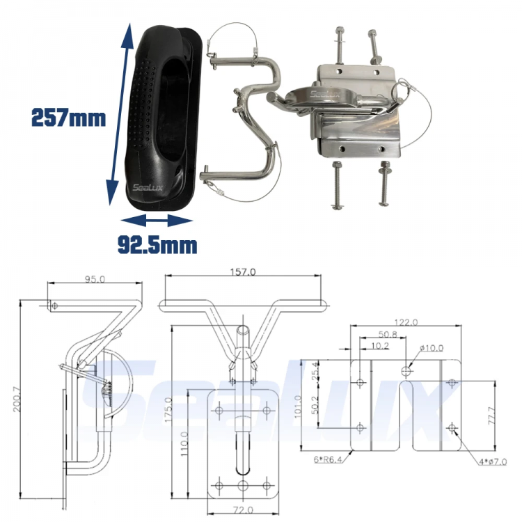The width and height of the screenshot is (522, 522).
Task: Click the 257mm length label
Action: click(x=68, y=118)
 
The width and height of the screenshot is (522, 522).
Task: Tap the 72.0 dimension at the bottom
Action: click(x=242, y=512)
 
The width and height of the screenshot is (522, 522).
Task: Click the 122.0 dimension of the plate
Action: click(x=405, y=322)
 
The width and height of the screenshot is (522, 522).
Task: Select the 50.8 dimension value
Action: click(x=388, y=333)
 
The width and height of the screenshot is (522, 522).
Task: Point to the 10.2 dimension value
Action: click(x=380, y=345)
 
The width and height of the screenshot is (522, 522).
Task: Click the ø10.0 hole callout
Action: click(x=431, y=348)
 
